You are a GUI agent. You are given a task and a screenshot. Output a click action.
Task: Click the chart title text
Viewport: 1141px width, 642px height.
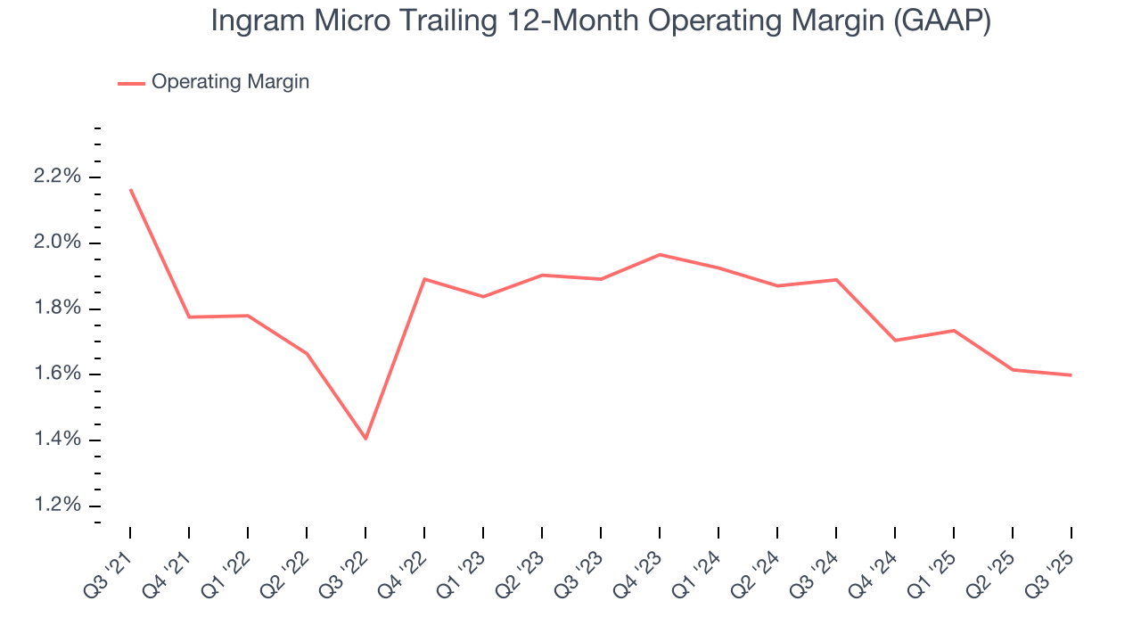(600, 21)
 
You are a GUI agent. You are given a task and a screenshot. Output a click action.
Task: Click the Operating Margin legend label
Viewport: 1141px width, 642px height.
(230, 82)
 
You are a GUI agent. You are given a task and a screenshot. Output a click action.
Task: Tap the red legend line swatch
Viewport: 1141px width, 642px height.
(131, 83)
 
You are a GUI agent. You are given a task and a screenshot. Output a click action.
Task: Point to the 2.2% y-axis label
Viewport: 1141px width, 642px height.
(57, 177)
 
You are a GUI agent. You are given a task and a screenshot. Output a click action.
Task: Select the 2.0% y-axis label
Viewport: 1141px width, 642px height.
(57, 243)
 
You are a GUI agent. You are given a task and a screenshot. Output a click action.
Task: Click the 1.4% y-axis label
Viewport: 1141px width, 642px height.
(57, 440)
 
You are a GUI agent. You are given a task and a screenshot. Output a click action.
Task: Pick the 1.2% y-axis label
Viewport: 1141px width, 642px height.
(57, 506)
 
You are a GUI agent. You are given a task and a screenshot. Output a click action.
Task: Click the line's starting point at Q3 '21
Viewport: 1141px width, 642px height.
(130, 189)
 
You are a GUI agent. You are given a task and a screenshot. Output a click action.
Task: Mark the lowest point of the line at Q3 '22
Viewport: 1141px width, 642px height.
(365, 439)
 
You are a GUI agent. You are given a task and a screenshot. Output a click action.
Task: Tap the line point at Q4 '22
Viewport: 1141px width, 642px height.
(424, 279)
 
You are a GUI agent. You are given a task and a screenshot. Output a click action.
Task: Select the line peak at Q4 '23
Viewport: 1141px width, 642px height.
(660, 254)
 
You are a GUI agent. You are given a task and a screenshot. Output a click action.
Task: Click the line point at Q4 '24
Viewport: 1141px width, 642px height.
(895, 341)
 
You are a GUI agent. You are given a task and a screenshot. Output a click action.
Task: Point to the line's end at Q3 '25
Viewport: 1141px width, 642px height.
(1071, 375)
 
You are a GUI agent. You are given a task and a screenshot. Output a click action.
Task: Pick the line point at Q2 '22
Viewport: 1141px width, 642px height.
(307, 353)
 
